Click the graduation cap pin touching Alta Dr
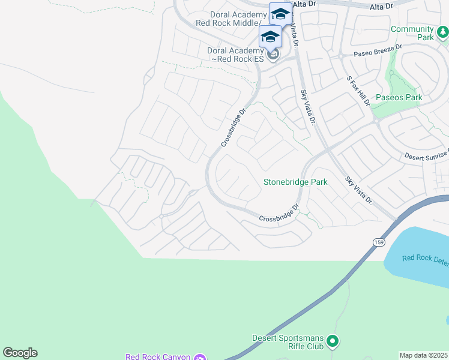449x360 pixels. coord(280,13)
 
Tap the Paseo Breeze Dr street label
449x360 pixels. coord(377,53)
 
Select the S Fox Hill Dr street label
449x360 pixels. coord(359,91)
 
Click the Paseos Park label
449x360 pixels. coord(399,97)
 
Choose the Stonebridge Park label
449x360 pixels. coord(295,182)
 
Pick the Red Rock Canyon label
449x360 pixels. coord(158,356)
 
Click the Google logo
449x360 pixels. coord(20,353)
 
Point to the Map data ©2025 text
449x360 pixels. coord(423,355)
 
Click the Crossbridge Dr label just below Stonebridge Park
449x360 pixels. coord(279,214)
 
